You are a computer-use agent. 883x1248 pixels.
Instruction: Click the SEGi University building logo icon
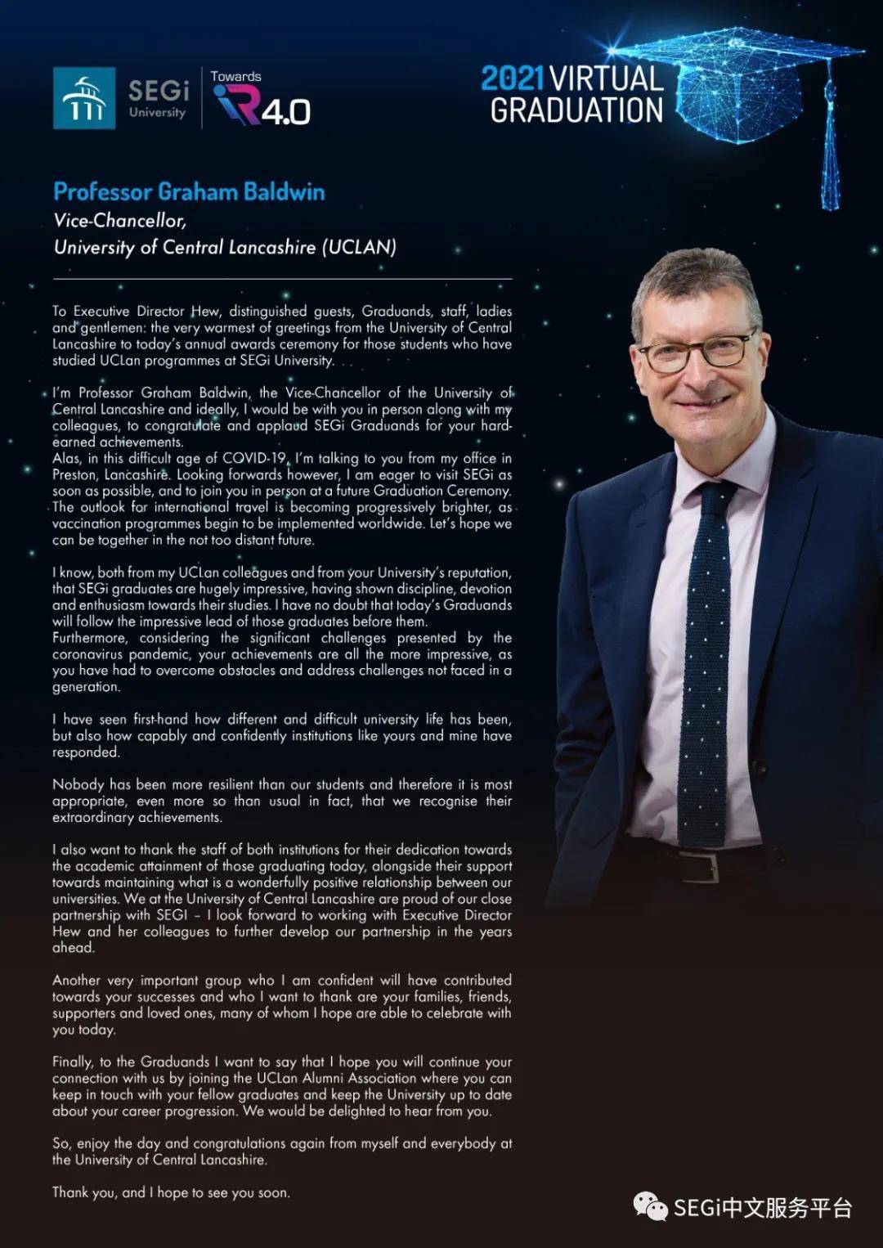pyautogui.click(x=84, y=98)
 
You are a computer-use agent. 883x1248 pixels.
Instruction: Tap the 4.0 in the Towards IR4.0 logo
pyautogui.click(x=286, y=111)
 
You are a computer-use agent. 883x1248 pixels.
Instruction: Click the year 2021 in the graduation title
pyautogui.click(x=512, y=79)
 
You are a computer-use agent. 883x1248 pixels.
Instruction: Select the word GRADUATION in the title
pyautogui.click(x=576, y=110)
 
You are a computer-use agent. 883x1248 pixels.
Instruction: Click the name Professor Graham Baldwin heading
pyautogui.click(x=189, y=192)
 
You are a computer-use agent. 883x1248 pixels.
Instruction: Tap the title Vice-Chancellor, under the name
pyautogui.click(x=120, y=221)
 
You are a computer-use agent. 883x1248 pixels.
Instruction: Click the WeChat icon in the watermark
pyautogui.click(x=651, y=1206)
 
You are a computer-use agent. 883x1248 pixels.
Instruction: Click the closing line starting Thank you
pyautogui.click(x=171, y=1192)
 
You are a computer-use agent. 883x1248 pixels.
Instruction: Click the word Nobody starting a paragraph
pyautogui.click(x=78, y=784)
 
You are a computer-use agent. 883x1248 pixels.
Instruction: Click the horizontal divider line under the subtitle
pyautogui.click(x=282, y=279)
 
